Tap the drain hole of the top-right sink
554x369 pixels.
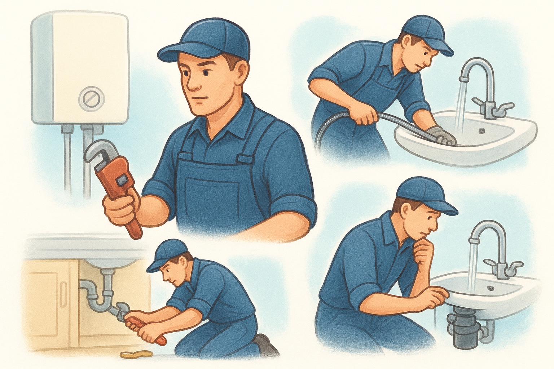pos(482,130)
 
